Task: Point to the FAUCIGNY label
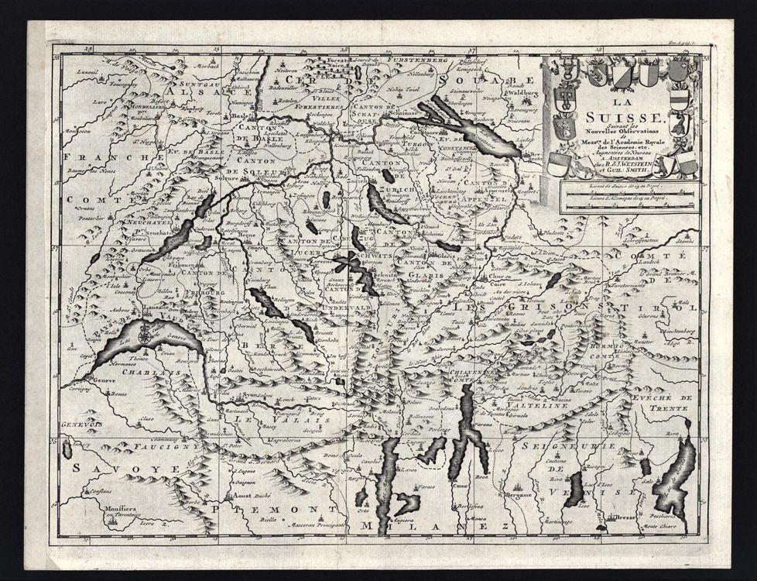[157, 448]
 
